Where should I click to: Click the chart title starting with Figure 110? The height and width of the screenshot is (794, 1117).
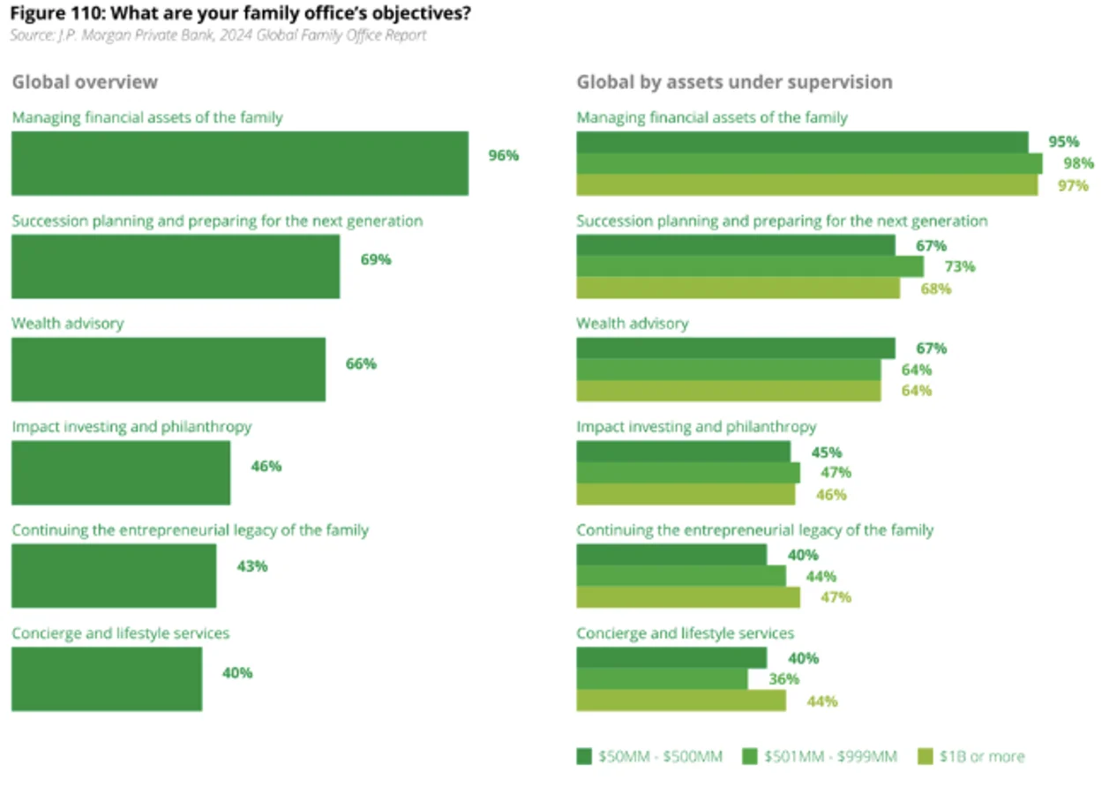(x=239, y=15)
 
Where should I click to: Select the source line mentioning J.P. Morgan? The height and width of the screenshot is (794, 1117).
(x=218, y=35)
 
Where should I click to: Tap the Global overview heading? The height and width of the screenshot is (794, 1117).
(x=85, y=82)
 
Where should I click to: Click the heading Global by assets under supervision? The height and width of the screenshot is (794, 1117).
(x=734, y=82)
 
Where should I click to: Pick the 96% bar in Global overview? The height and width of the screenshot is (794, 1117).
(x=239, y=163)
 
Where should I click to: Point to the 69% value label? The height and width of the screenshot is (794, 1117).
(x=375, y=260)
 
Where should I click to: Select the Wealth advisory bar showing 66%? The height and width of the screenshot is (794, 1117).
(x=168, y=370)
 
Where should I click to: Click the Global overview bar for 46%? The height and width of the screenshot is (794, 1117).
(x=121, y=473)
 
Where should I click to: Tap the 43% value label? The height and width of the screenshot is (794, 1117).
(x=251, y=566)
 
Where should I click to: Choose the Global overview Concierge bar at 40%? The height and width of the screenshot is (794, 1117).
(x=106, y=678)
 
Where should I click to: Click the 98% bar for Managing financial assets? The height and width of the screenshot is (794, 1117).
(x=808, y=164)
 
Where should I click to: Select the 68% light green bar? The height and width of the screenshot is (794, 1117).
(x=738, y=288)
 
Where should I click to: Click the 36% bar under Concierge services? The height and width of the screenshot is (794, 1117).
(x=662, y=679)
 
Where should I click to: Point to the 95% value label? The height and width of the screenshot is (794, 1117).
(x=1063, y=142)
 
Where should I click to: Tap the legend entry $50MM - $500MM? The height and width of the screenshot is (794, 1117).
(x=649, y=757)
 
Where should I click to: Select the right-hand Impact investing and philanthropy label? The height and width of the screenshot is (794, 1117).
(x=696, y=427)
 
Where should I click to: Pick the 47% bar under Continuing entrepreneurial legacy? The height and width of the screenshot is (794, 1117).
(x=688, y=597)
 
